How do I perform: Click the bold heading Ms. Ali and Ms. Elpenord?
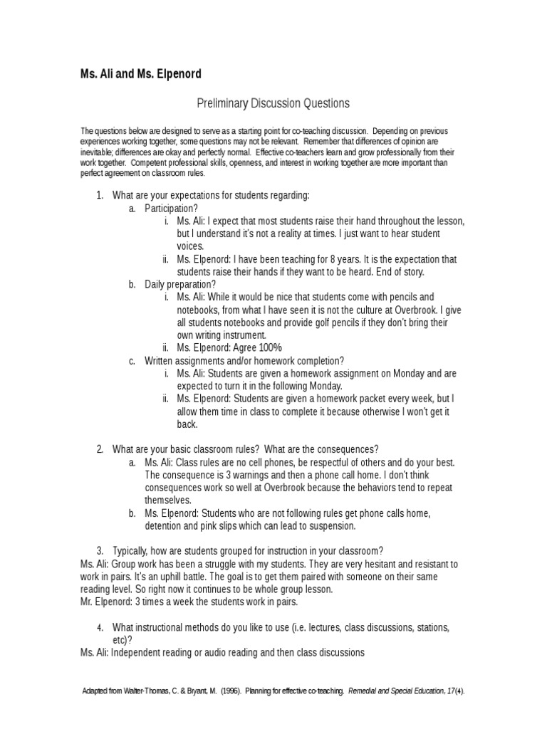(x=140, y=73)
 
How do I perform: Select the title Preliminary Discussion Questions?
(x=273, y=104)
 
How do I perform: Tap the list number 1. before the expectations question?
(x=100, y=196)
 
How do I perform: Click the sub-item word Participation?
(x=171, y=209)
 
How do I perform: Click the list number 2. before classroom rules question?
(x=100, y=449)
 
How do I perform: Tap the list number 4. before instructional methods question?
(x=100, y=627)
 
